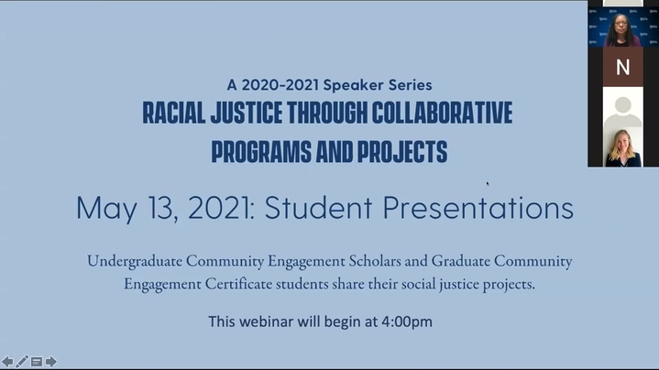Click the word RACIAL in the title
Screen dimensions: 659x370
[174, 113]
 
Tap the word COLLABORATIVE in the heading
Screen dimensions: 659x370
[442, 113]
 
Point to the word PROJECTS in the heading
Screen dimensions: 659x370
[402, 152]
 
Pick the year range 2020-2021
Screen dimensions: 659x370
[280, 85]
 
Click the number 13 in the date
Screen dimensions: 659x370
[162, 208]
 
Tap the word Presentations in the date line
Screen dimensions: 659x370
[478, 207]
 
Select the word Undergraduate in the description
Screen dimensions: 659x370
[135, 261]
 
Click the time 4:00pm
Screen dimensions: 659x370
[407, 321]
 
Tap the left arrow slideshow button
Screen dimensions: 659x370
[7, 361]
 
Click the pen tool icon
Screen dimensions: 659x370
[22, 361]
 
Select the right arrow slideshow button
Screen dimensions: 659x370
[50, 361]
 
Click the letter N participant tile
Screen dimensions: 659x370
[623, 67]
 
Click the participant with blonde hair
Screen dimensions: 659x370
[623, 147]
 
